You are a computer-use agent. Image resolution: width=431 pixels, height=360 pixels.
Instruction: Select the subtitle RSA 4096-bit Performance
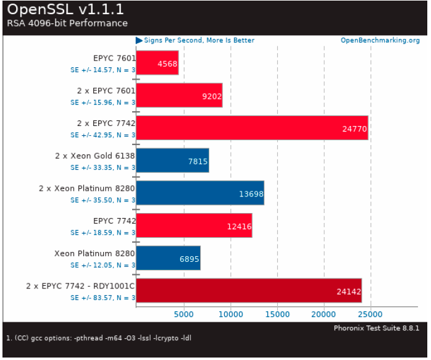click(67, 23)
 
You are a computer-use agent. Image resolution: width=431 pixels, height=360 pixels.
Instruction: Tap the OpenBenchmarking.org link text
click(380, 41)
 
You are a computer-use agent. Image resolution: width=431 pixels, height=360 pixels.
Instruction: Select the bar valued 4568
click(157, 62)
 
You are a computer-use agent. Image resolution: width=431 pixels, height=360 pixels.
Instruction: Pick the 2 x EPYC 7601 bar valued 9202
click(179, 95)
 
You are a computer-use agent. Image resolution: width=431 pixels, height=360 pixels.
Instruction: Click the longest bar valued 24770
click(252, 128)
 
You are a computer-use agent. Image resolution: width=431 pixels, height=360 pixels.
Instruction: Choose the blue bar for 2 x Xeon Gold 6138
click(172, 160)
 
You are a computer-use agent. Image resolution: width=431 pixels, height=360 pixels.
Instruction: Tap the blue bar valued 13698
click(200, 193)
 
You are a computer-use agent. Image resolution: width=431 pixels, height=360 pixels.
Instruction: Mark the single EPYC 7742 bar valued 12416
click(194, 225)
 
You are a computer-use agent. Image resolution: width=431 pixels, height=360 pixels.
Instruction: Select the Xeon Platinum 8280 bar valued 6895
click(168, 258)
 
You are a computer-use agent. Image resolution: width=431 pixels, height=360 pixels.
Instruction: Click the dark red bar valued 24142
click(249, 291)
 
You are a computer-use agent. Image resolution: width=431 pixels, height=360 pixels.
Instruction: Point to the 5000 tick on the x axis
click(184, 314)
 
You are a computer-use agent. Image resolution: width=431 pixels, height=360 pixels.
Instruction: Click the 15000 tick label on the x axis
click(277, 314)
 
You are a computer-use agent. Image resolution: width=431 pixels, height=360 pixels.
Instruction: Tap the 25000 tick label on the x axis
click(371, 314)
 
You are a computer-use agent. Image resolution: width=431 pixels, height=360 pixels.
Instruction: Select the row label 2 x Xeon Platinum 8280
click(86, 188)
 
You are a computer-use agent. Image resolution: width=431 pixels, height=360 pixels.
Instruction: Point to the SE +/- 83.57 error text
click(103, 298)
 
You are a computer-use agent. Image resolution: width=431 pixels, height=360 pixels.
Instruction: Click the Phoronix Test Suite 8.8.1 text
click(377, 328)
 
